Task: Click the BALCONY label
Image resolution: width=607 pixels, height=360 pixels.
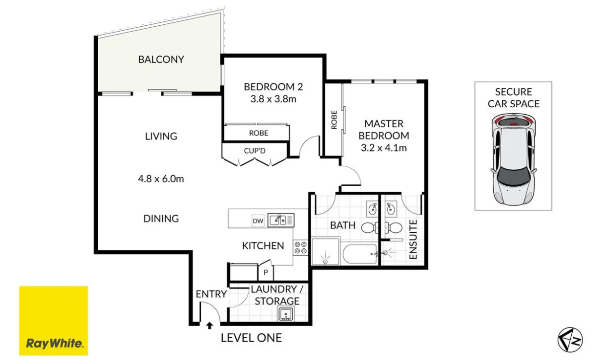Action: point(161,60)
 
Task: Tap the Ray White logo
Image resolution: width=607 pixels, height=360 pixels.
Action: point(54,321)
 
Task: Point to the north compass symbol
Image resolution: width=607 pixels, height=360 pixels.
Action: point(570,340)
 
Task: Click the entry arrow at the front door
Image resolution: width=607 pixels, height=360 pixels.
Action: point(209,325)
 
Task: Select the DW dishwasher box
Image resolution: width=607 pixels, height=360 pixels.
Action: point(258,221)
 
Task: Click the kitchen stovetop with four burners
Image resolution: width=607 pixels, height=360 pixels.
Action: point(300,247)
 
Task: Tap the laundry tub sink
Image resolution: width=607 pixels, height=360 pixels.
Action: point(286,314)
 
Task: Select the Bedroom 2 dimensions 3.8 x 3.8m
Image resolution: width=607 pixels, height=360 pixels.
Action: point(273,99)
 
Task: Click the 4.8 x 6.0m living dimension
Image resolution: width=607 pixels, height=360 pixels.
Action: point(161,179)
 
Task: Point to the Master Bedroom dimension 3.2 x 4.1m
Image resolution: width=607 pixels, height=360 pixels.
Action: point(384,148)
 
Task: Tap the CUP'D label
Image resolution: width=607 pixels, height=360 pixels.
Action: point(255,151)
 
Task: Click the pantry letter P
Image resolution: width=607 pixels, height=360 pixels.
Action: point(266,273)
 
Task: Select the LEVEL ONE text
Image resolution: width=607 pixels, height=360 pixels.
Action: point(252,338)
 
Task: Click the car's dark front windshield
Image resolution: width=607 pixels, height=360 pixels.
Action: point(513,176)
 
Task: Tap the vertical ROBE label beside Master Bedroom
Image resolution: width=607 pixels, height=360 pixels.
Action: point(334,120)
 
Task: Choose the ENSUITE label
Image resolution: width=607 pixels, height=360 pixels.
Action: point(413,240)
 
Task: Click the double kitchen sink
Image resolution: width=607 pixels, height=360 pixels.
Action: point(281,220)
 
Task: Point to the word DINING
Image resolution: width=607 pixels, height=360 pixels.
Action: point(161,219)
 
